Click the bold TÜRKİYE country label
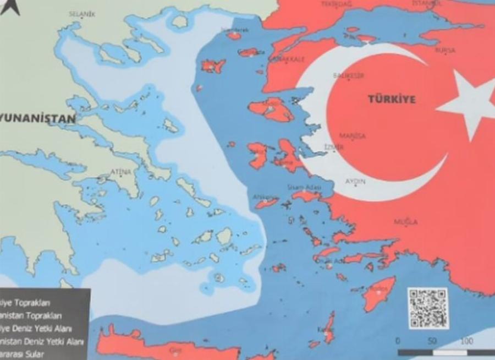point(392,100)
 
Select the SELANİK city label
point(82,14)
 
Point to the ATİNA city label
point(120,172)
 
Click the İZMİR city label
point(334,147)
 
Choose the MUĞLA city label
point(405,222)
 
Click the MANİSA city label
point(353,136)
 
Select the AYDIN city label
point(355,181)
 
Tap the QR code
point(428,308)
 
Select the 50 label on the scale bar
point(432,341)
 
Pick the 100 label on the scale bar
point(466,341)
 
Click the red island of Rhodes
point(379,293)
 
